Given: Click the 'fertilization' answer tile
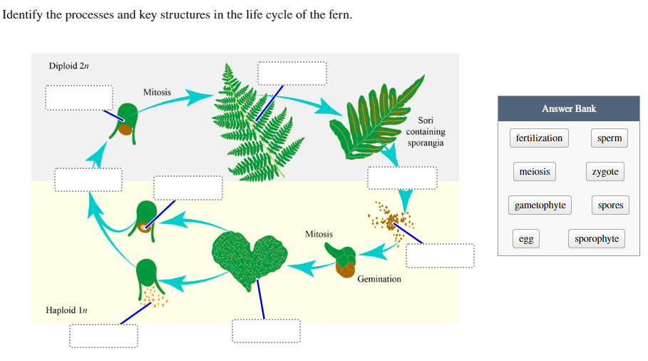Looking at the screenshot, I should point(539,138).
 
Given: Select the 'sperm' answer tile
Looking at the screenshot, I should point(610,138).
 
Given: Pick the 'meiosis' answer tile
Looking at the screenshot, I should point(534,172).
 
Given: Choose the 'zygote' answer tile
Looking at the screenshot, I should point(605,172).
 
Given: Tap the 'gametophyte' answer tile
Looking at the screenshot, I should point(540,205).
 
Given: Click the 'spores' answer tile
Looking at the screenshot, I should point(610,205).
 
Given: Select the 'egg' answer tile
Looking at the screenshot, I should point(525,239).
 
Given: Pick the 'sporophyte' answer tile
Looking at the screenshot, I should point(597,239).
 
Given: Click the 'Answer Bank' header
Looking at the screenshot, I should point(568,108).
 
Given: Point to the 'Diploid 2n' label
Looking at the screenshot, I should point(68,66).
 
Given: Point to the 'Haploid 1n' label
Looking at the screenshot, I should point(66,310).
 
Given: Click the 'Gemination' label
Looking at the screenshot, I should point(379,279).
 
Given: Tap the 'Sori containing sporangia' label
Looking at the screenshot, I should point(426,132).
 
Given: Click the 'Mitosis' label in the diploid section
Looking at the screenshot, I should point(157,92).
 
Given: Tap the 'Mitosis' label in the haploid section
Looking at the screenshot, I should point(319,234).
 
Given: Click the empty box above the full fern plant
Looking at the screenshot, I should point(292,73).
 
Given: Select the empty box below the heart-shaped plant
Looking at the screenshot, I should point(266,331).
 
